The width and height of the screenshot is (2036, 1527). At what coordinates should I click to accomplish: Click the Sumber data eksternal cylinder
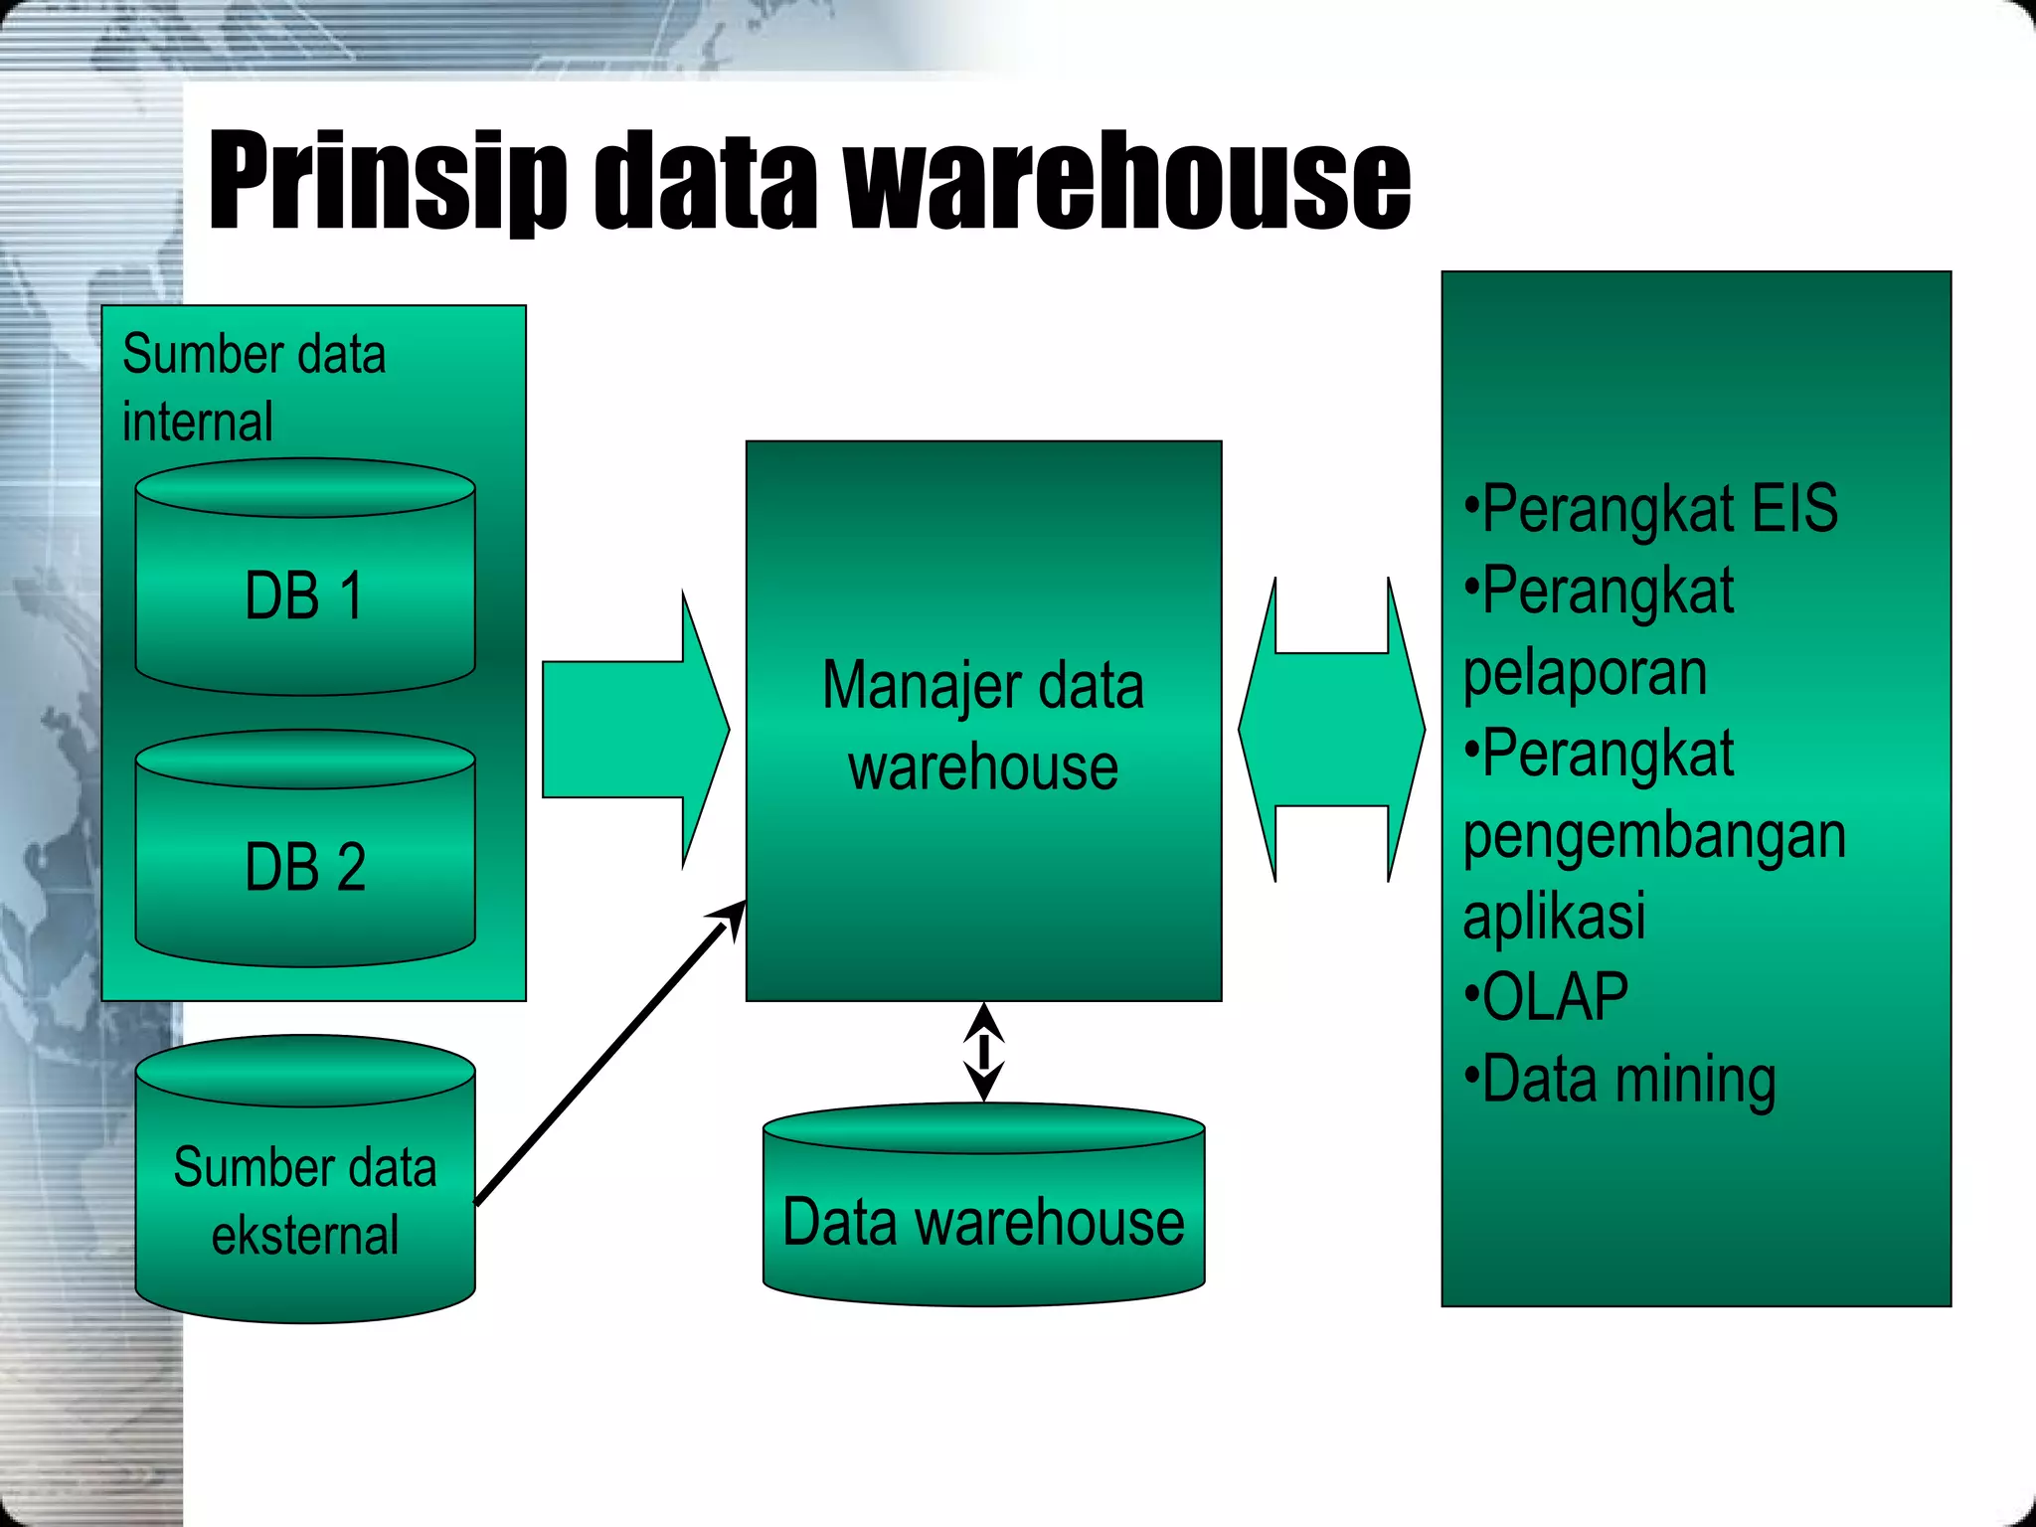[305, 1193]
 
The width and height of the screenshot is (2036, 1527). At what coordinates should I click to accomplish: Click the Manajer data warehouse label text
[983, 726]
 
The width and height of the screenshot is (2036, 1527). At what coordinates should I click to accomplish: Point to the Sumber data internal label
[254, 388]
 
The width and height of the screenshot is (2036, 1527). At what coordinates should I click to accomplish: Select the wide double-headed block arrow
[1331, 729]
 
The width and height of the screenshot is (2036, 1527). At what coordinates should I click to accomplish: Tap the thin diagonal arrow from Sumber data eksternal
[606, 1054]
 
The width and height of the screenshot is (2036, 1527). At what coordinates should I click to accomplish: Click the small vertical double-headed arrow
[983, 1051]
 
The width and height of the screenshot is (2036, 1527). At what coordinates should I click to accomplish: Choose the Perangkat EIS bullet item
[1650, 509]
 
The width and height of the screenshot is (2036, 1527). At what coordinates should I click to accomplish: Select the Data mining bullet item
[1620, 1080]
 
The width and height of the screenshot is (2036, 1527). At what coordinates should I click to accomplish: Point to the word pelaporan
[1585, 673]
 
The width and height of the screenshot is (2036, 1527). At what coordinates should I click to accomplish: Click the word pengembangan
[1654, 836]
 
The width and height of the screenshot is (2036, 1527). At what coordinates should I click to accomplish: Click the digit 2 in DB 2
[350, 867]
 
